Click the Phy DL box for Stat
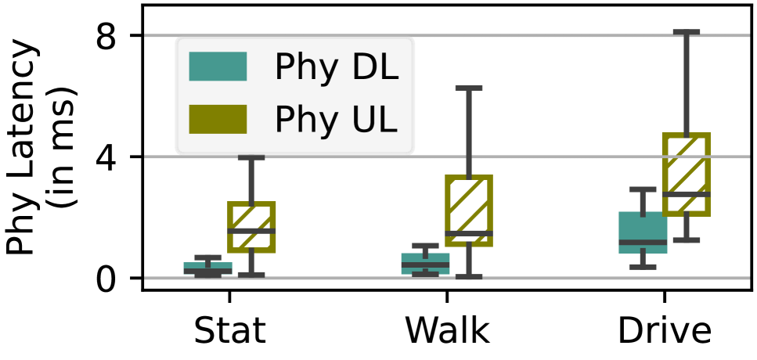click(207, 268)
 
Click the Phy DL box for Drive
click(643, 232)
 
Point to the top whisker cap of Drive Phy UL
click(686, 32)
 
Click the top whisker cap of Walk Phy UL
click(468, 88)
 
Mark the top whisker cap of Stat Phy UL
click(251, 157)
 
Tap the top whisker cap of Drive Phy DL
click(643, 189)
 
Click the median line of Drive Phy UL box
click(686, 193)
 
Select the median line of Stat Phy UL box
click(251, 231)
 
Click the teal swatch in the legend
click(218, 67)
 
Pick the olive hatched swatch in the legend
click(218, 118)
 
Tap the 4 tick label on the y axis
click(109, 157)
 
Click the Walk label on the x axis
click(447, 331)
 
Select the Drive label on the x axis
click(664, 331)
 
